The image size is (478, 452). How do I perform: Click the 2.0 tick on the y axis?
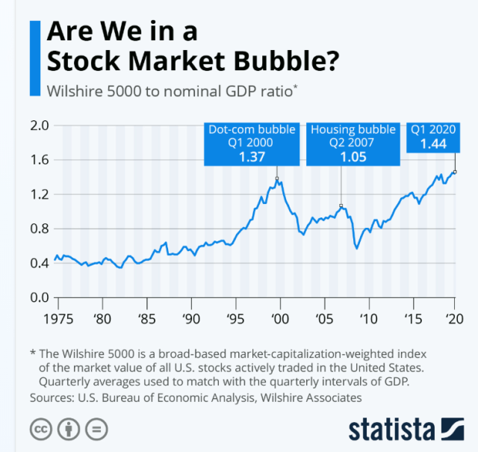[39, 126]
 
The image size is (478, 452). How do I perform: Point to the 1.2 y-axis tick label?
[39, 194]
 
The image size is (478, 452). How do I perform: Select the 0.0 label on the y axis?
[39, 297]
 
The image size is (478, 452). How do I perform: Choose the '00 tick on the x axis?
[281, 318]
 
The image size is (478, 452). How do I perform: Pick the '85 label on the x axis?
[147, 318]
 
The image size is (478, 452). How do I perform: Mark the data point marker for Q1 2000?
[278, 179]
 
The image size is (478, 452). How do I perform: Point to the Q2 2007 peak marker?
[341, 206]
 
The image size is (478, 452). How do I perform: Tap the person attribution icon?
[66, 430]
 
